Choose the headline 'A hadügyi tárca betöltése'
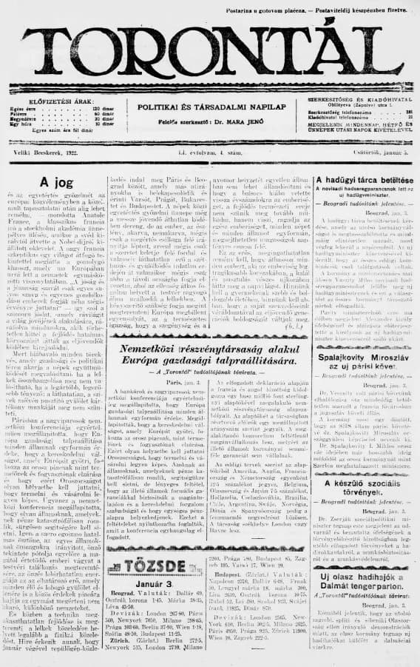pyautogui.click(x=362, y=180)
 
